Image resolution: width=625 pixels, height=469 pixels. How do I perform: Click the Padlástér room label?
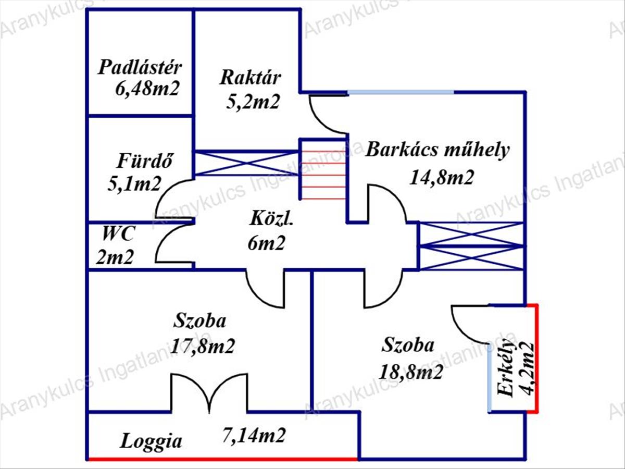(140, 68)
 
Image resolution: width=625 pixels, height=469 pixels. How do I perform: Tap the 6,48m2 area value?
(147, 88)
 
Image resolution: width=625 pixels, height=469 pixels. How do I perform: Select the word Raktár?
(251, 78)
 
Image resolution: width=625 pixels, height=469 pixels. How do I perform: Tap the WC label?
(118, 233)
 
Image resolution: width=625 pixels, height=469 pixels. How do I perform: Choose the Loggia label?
(152, 441)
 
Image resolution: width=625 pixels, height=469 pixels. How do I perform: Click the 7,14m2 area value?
(254, 434)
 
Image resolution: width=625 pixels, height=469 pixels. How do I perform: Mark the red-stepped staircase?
(323, 169)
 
